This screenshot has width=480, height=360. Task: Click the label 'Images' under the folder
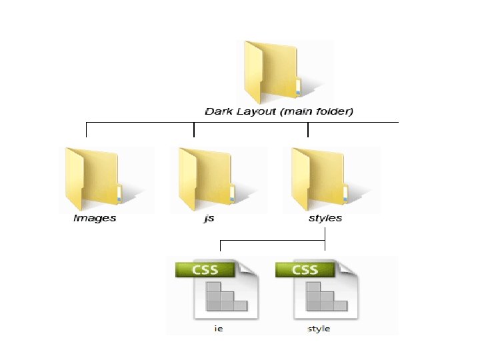(x=95, y=218)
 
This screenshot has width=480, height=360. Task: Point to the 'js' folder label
(x=209, y=218)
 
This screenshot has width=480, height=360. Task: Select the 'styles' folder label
(x=325, y=218)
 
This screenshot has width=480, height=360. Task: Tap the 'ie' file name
(x=218, y=328)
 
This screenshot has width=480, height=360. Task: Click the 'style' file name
(x=319, y=328)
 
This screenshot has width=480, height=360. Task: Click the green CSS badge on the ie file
(x=205, y=270)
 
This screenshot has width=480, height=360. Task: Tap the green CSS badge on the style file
(x=305, y=270)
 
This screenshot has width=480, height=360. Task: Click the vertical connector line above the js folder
(x=194, y=129)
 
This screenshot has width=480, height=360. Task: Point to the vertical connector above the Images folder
(x=87, y=129)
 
